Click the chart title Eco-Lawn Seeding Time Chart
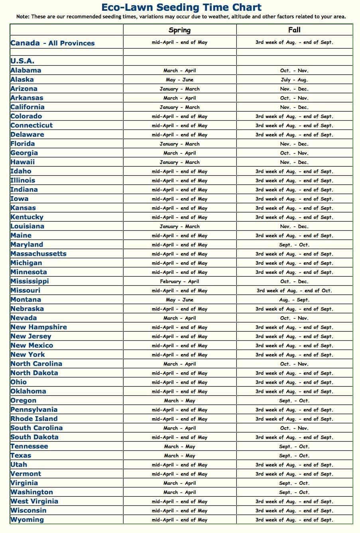click(181, 7)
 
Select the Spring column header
click(179, 30)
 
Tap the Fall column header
click(294, 30)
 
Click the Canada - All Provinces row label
click(53, 43)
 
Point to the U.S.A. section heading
click(22, 61)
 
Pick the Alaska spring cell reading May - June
click(179, 80)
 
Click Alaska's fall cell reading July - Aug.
click(294, 80)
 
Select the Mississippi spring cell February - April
click(179, 281)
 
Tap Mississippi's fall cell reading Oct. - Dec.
click(294, 281)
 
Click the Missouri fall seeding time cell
click(294, 291)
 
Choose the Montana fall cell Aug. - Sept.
click(294, 300)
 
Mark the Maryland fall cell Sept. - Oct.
click(294, 245)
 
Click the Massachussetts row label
click(39, 254)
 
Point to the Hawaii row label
click(23, 162)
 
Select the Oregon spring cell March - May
click(179, 401)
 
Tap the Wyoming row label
click(27, 520)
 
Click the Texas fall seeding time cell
click(294, 456)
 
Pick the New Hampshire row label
click(39, 327)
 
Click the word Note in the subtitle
click(23, 17)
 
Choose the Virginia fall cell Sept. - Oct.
click(294, 483)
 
